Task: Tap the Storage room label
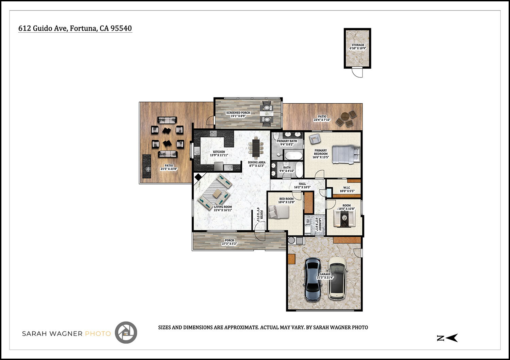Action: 358,47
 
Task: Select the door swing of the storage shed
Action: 357,73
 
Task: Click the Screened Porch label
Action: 238,114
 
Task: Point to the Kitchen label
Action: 219,153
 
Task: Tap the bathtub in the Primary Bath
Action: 294,155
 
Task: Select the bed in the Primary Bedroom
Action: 346,154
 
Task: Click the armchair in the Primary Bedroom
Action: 314,139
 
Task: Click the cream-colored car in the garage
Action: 337,278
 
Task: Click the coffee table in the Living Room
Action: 217,193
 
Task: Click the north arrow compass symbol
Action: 447,338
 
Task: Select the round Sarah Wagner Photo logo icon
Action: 126,332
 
